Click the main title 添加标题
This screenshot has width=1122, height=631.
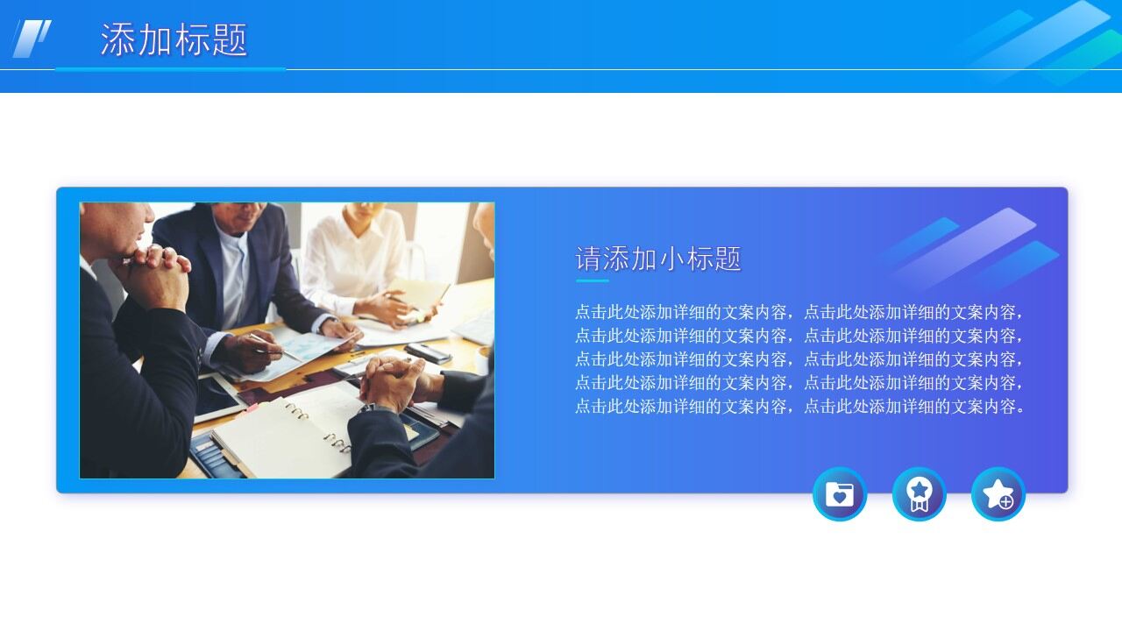coord(174,40)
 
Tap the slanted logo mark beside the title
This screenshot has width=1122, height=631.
coord(32,39)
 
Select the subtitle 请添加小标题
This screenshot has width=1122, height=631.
coord(658,259)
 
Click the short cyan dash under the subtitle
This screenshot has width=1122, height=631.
coord(593,280)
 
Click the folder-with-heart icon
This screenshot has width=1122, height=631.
coord(840,494)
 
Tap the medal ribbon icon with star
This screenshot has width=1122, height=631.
coord(919,494)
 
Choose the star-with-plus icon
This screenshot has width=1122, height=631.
coord(998,494)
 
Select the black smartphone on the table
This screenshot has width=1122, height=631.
coord(429,353)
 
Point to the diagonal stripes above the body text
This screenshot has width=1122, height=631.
coord(969,250)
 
